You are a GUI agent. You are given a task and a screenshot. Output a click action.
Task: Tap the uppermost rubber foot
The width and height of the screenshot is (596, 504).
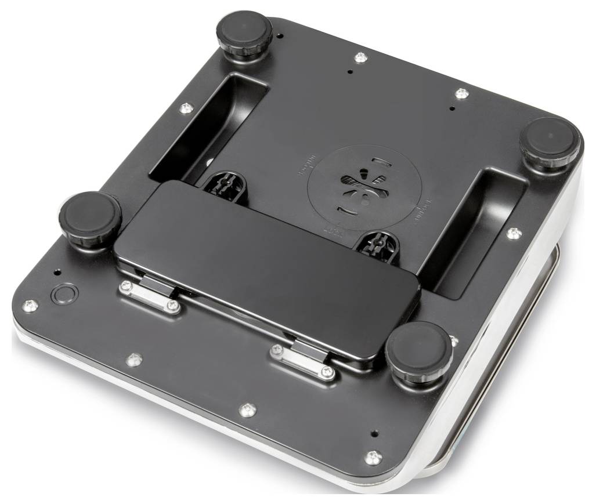point(244,34)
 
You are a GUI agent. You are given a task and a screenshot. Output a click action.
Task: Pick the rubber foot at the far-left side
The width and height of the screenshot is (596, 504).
point(89,213)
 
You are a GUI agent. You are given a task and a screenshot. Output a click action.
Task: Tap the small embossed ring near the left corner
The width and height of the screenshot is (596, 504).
point(63,293)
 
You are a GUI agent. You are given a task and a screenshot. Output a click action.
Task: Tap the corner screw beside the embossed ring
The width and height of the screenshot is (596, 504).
point(30,306)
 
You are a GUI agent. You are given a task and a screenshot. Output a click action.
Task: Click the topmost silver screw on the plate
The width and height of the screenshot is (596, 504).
point(360,57)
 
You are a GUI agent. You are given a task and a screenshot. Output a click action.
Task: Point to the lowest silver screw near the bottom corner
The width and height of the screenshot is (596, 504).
point(373,458)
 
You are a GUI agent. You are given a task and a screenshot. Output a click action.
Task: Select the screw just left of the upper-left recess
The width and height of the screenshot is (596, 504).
point(186,108)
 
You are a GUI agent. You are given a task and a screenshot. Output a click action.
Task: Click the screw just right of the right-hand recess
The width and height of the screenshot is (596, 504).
point(513,233)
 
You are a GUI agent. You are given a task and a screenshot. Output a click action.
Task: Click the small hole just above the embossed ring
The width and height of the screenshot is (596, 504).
point(56,271)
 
